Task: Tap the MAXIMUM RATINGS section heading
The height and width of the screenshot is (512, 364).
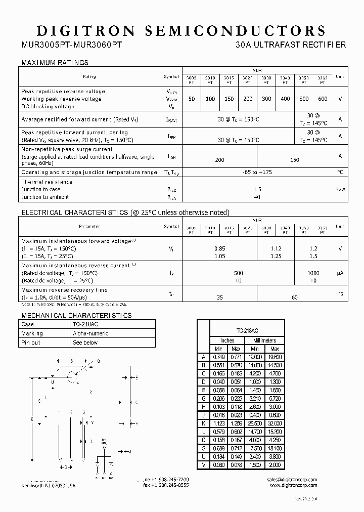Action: (55, 63)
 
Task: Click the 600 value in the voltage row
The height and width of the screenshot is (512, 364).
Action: (323, 99)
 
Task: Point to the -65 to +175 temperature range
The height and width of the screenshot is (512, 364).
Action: (257, 173)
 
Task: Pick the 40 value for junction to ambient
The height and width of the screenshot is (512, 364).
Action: (257, 197)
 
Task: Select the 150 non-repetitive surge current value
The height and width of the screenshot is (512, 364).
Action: (295, 160)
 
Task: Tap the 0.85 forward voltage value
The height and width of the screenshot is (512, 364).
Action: (219, 248)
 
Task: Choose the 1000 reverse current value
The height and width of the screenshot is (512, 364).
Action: (313, 273)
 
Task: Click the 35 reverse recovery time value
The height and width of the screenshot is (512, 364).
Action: (219, 297)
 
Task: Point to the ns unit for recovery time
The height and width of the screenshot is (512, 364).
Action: (340, 293)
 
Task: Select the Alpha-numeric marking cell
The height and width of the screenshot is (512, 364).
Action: (90, 334)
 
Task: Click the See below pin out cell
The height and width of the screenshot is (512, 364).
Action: (85, 343)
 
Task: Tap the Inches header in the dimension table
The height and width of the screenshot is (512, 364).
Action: (228, 340)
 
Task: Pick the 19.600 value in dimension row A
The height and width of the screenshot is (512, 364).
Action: (275, 357)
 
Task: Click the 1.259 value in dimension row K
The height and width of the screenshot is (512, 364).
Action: (236, 423)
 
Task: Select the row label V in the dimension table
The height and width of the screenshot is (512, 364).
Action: (203, 465)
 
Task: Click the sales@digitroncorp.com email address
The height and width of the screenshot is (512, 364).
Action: (292, 479)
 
